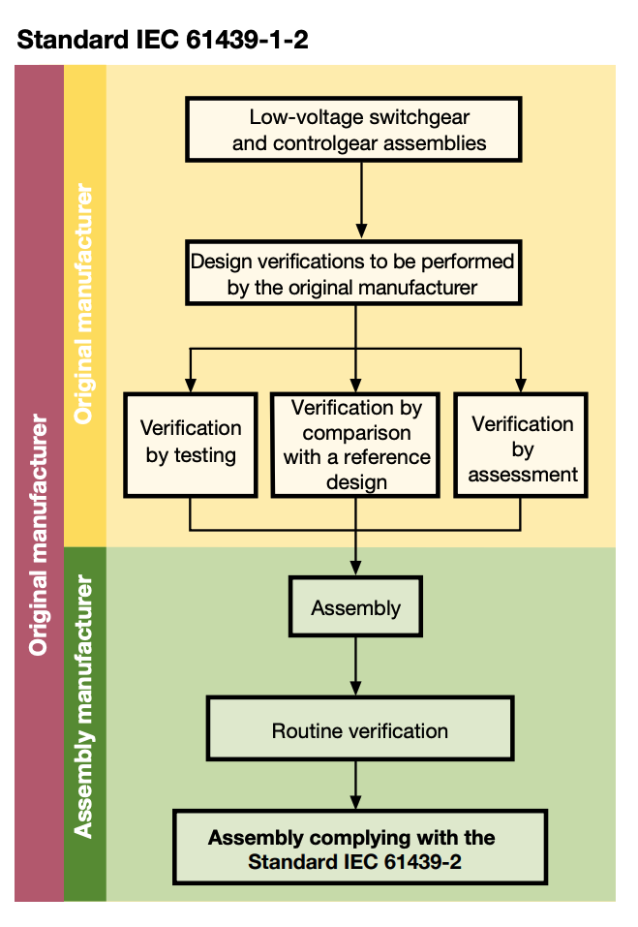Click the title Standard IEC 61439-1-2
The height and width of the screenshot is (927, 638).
pos(163,40)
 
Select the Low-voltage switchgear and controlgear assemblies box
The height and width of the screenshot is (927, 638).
pos(353,130)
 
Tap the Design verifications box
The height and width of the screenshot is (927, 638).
pos(353,273)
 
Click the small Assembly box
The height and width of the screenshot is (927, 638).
pos(355,606)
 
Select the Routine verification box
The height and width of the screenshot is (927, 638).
pos(360,728)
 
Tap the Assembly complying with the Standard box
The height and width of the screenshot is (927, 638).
pos(360,848)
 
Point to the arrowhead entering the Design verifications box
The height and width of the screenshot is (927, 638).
pos(361,232)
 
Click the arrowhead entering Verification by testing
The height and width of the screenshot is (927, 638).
pos(190,385)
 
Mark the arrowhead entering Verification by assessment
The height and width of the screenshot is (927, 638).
pos(521,385)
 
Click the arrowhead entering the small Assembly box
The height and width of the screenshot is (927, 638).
pos(355,569)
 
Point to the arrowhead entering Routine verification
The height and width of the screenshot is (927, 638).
pos(355,688)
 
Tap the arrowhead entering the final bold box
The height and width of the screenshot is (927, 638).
pos(355,802)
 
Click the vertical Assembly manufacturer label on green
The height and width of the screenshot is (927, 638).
pos(84,706)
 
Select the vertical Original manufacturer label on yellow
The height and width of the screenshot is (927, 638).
pos(84,304)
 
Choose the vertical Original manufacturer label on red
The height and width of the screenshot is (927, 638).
pos(39,535)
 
